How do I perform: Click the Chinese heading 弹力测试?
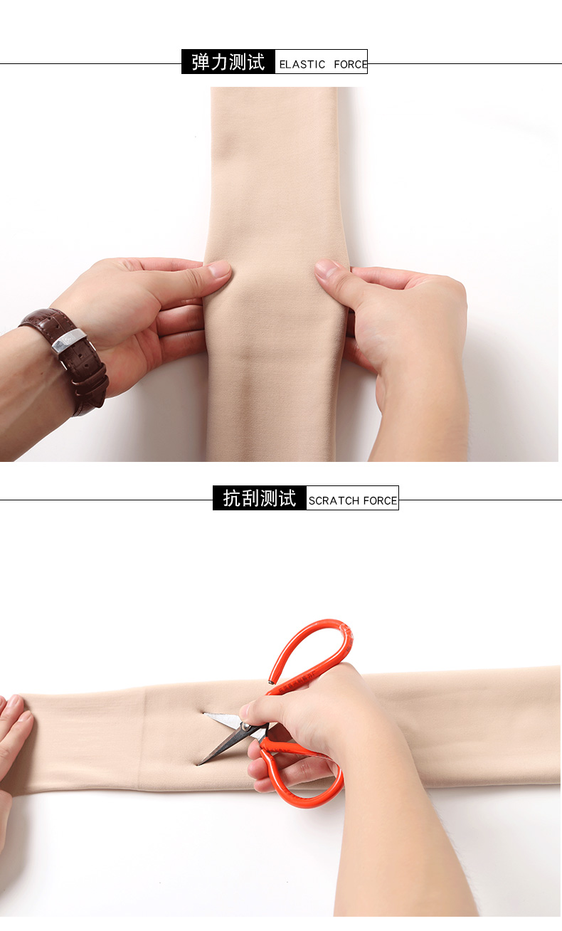coord(228,62)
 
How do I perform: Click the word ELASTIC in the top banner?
coord(302,65)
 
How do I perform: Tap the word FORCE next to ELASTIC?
coord(351,65)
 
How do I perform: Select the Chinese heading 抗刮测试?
coord(259,498)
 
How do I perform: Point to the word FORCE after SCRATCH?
coord(380,500)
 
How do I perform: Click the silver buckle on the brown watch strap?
coord(69,341)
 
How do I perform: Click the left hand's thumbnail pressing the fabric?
coord(219,269)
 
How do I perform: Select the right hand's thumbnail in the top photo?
coord(326,267)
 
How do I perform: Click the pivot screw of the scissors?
coord(246,726)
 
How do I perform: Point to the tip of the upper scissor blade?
coord(204,714)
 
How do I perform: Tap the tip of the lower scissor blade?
coord(198,764)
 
